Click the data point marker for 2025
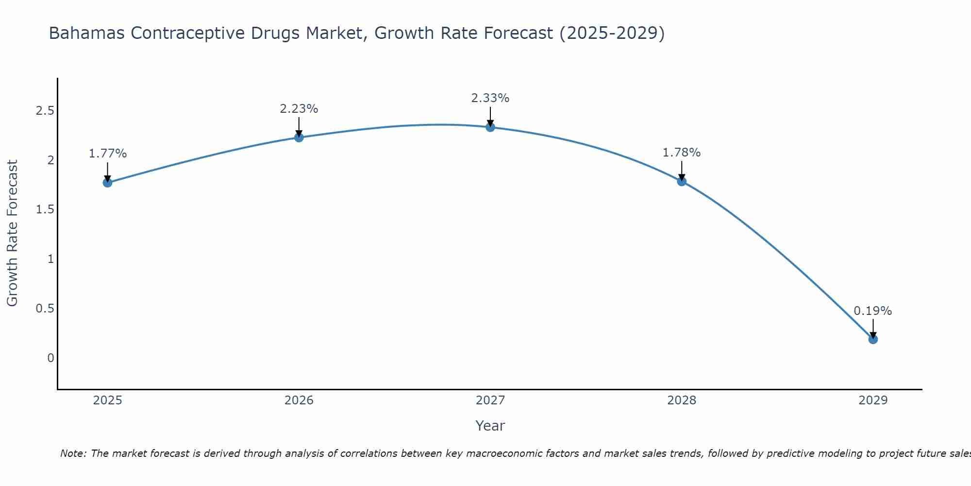108,183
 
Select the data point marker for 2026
299,138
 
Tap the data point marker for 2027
490,127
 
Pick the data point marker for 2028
682,181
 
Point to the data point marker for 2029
873,339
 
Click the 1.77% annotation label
108,154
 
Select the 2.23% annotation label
299,109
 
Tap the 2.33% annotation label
490,98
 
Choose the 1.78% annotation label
682,153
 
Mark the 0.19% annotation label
873,311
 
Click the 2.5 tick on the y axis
45,111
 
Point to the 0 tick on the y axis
50,358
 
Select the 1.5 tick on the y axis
45,210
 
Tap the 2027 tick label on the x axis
490,400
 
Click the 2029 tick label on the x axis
873,400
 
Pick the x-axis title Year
490,426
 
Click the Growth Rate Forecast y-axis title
12,233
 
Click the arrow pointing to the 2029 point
873,328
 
